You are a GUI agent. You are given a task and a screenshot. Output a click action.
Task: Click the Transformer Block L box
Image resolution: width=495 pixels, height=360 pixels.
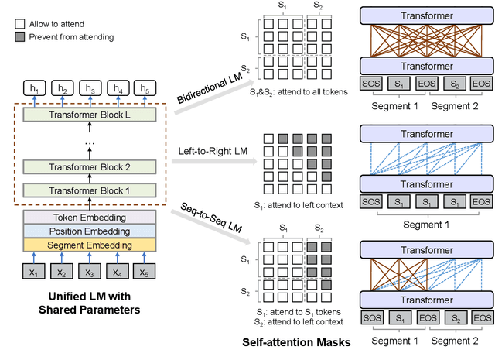(x=90, y=115)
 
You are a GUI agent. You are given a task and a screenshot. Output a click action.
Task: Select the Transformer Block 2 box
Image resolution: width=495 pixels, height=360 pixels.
(x=90, y=167)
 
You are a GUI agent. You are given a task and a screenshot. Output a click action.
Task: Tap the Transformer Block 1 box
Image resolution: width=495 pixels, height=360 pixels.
(x=90, y=190)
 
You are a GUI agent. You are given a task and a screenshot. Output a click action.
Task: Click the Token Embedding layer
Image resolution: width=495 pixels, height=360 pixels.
(x=90, y=218)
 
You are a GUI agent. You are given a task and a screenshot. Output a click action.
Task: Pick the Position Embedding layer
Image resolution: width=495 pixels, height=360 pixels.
(x=90, y=231)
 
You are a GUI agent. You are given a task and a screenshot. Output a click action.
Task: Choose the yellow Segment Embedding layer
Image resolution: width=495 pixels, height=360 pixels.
(x=90, y=245)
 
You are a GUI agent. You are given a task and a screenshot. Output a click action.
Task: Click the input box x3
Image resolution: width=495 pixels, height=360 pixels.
(x=90, y=272)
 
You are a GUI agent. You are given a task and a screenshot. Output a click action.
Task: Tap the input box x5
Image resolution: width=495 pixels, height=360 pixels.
(x=145, y=272)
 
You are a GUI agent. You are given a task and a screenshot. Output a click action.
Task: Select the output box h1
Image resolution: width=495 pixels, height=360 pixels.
(x=34, y=88)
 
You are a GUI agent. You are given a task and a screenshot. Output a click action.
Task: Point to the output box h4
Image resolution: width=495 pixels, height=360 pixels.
(x=118, y=88)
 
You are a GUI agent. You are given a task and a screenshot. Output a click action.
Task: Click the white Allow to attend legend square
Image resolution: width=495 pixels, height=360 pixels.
(x=20, y=24)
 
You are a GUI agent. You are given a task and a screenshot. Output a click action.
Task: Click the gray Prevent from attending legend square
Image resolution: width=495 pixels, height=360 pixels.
(x=20, y=37)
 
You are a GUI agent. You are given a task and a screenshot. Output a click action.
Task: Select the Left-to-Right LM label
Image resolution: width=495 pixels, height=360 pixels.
(x=213, y=151)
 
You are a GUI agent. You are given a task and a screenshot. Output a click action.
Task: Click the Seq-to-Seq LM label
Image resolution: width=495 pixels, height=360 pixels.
(x=211, y=218)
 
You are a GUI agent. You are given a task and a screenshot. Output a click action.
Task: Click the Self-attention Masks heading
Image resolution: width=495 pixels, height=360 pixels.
(x=296, y=342)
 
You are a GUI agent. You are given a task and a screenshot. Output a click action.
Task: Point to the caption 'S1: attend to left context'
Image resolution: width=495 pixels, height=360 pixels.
(x=299, y=205)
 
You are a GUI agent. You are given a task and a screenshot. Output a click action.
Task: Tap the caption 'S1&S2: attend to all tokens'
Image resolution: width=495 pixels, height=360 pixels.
(x=299, y=92)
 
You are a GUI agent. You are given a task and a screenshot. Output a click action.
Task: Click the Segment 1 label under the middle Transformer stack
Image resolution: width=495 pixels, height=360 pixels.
(x=426, y=225)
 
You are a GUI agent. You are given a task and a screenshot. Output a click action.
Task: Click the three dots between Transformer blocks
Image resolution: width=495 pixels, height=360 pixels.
(x=90, y=143)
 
